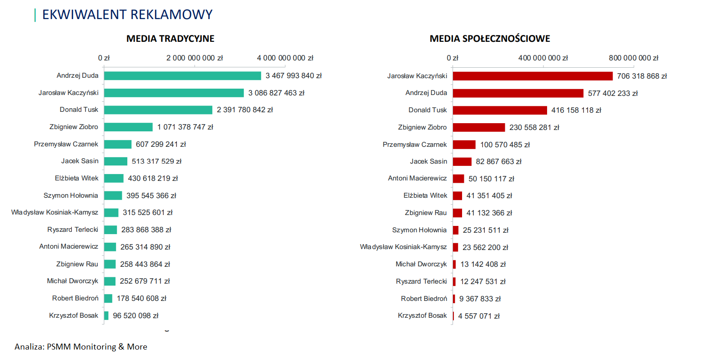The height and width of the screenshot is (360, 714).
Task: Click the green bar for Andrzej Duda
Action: click(x=182, y=76)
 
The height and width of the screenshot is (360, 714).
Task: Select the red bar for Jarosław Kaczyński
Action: click(x=533, y=76)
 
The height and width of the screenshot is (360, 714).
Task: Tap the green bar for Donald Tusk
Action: click(x=158, y=110)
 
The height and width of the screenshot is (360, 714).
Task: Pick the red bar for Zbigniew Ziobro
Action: click(x=479, y=128)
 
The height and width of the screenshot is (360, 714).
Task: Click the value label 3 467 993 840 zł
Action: click(x=293, y=76)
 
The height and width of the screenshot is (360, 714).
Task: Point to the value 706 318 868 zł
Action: click(x=642, y=76)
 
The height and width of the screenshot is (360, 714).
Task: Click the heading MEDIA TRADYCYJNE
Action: click(x=170, y=39)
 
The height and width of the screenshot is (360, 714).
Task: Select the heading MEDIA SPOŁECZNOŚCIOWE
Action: click(x=490, y=39)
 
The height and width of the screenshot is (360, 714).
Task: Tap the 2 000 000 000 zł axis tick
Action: click(x=195, y=58)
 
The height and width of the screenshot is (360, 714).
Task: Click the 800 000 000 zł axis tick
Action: click(x=634, y=58)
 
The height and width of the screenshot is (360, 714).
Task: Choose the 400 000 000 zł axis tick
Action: click(x=543, y=58)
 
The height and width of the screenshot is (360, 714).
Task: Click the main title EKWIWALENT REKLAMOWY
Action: click(x=127, y=15)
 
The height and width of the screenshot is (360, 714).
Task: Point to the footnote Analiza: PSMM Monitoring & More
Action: click(x=81, y=347)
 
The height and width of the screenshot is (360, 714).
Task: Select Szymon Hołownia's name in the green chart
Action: click(x=70, y=195)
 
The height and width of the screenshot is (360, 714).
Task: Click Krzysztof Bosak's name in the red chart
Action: click(x=422, y=315)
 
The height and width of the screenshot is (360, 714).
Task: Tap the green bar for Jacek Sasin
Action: click(x=116, y=161)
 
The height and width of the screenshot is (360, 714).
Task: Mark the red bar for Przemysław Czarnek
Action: click(x=464, y=145)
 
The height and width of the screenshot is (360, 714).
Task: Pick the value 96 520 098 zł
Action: click(x=136, y=315)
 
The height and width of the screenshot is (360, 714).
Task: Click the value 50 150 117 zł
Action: click(x=491, y=179)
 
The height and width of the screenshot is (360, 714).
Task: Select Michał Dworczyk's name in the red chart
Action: click(x=421, y=264)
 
